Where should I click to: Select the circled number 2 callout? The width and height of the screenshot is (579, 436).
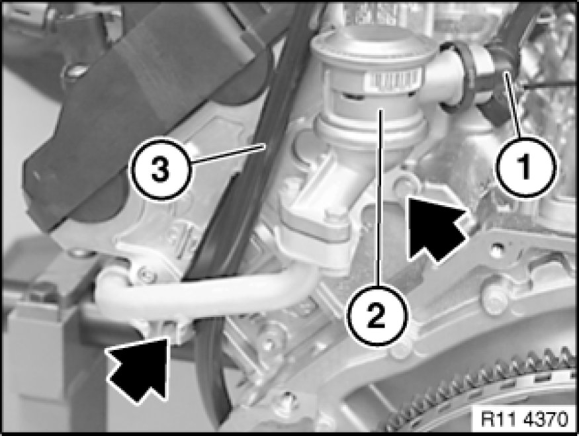click(x=377, y=316)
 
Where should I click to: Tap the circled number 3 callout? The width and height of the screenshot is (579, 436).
click(x=160, y=170)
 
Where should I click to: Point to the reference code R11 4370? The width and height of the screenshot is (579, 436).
click(x=524, y=419)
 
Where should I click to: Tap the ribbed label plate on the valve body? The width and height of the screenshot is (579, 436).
click(x=392, y=81)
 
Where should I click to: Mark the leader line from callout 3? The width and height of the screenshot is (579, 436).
click(x=228, y=153)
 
